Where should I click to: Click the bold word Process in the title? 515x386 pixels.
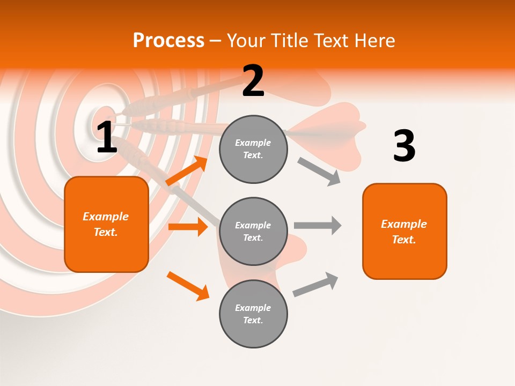coord(168,41)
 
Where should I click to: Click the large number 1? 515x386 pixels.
coord(107,138)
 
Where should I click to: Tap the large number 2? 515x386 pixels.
coord(253,81)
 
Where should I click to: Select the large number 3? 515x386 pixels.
coord(404,146)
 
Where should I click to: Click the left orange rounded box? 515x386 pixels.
coord(106,224)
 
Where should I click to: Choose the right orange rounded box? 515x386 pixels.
coord(404,232)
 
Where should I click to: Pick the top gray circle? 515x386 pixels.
coord(253,149)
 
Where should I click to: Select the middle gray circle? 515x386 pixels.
coord(253,231)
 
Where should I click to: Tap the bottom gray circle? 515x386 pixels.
coord(253,314)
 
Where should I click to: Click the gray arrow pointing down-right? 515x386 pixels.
coord(319,172)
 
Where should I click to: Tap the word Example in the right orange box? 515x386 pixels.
coord(404,224)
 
